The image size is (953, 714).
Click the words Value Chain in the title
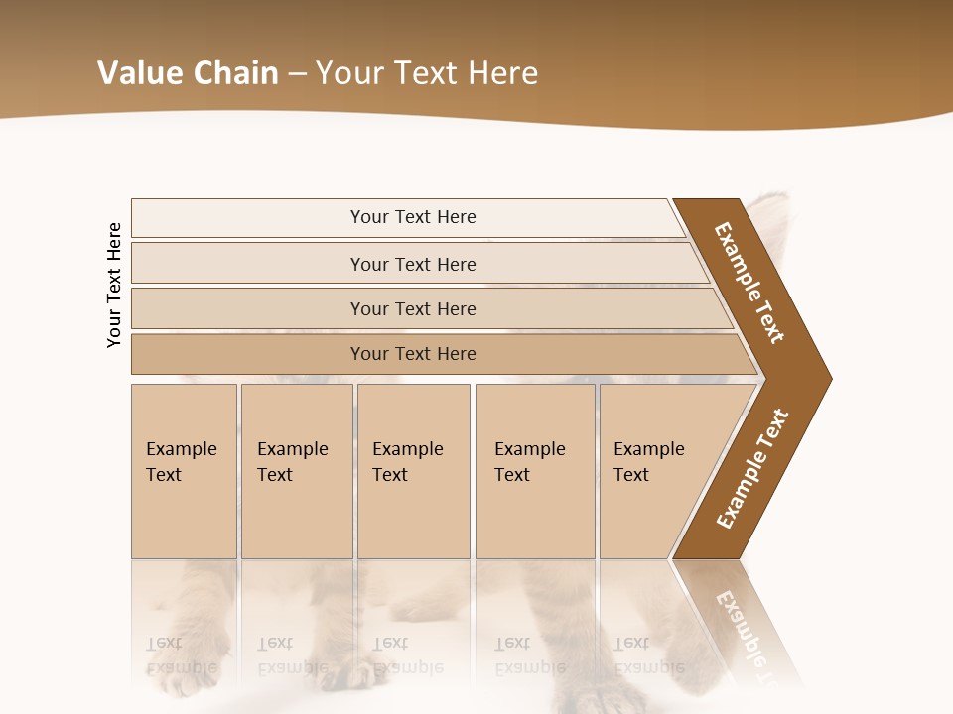188,73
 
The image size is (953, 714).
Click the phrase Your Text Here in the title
427,73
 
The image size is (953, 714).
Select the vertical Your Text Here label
114,285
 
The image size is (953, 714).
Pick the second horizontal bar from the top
412,264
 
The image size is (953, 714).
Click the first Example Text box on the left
184,471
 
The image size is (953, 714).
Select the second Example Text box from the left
296,471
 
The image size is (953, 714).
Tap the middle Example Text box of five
413,471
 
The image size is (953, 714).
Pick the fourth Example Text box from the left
534,471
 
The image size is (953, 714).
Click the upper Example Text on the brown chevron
749,283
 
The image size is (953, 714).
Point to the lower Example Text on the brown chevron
751,469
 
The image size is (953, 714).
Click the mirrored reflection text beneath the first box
182,654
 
